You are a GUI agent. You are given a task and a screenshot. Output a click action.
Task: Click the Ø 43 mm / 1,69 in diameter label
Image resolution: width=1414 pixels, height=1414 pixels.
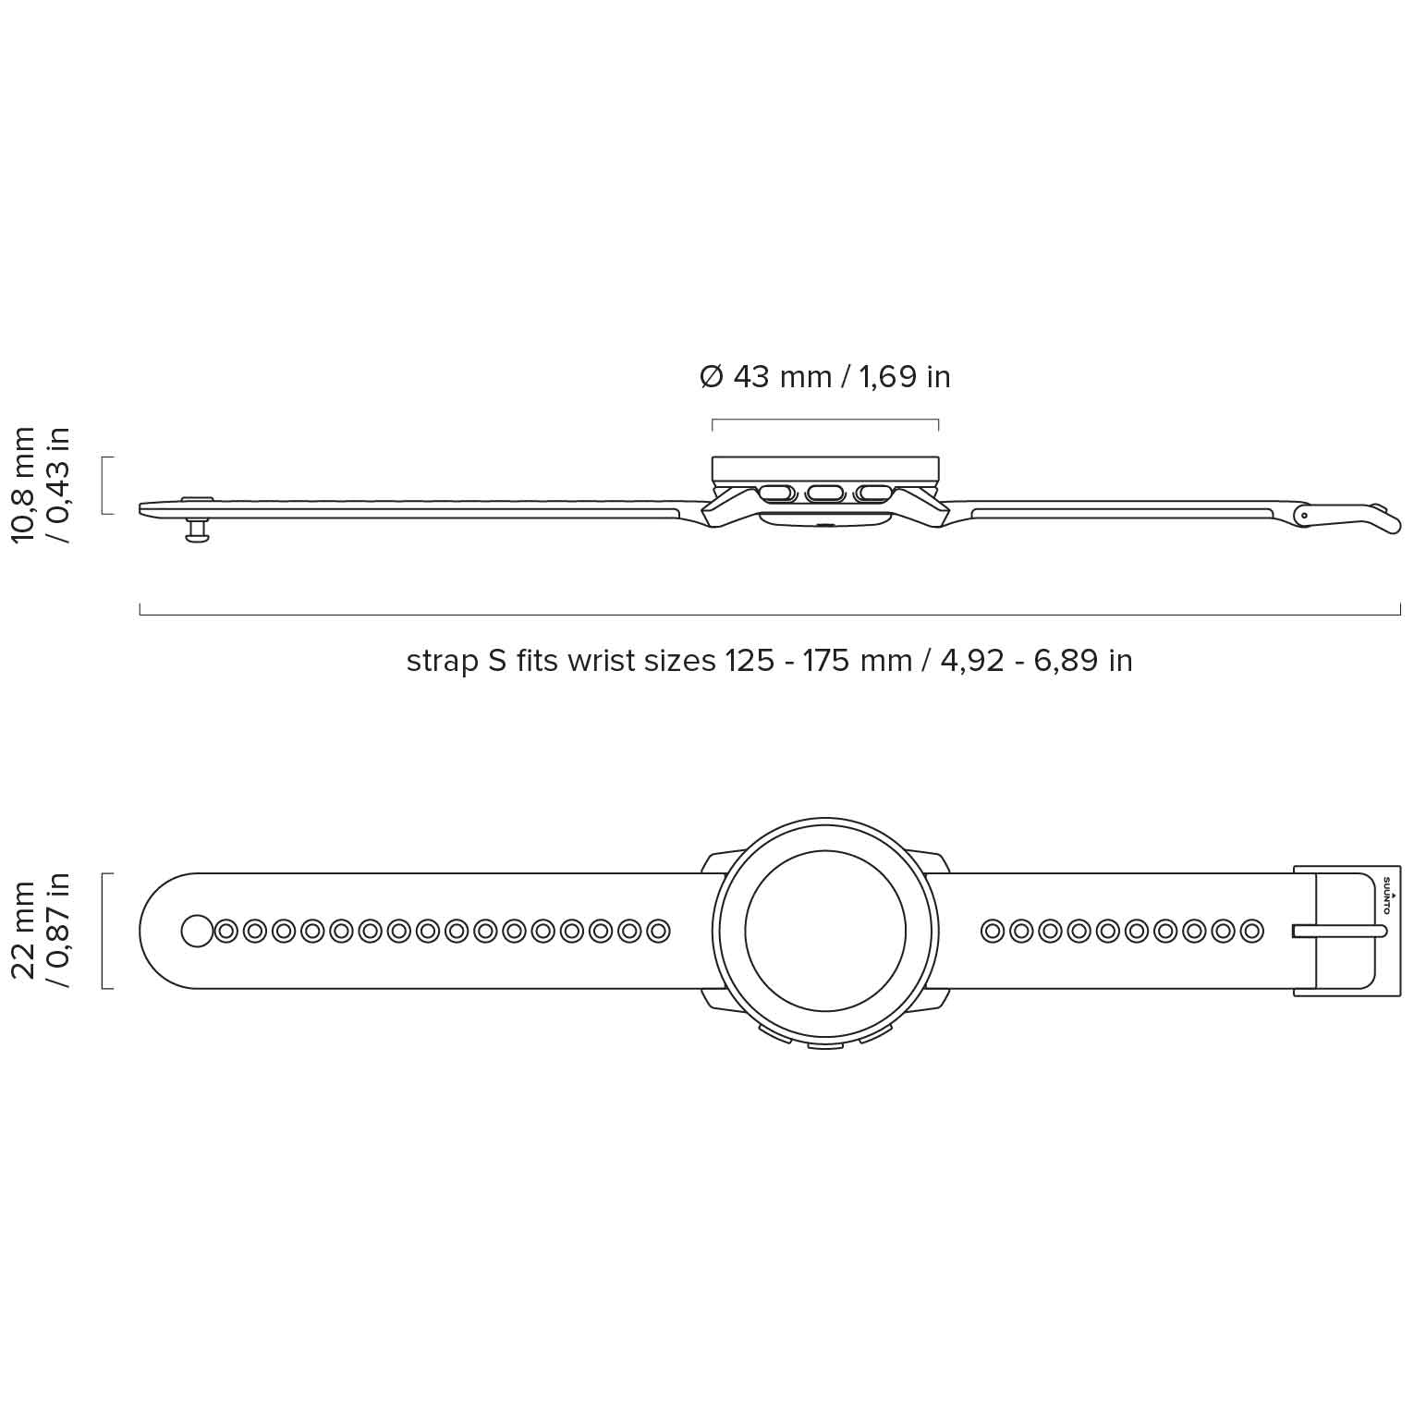click(x=825, y=377)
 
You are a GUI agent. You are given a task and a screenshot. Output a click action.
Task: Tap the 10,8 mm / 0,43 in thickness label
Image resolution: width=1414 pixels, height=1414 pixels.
click(x=41, y=484)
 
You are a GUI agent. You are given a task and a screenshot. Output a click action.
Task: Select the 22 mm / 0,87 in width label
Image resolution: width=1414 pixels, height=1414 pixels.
click(x=41, y=930)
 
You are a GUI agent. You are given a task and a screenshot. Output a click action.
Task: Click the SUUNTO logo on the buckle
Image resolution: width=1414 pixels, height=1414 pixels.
click(x=1386, y=894)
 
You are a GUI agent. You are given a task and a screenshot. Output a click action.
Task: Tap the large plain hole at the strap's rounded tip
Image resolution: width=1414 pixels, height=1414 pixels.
click(x=197, y=931)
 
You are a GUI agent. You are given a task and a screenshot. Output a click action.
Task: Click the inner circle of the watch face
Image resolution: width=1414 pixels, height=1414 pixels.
click(x=825, y=931)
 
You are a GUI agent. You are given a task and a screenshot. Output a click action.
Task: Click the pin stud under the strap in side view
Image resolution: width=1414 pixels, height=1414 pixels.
click(x=197, y=530)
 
